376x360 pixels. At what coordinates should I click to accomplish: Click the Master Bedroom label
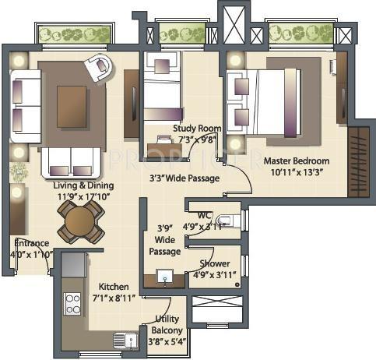(295, 161)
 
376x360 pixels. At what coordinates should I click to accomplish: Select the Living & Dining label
(83, 185)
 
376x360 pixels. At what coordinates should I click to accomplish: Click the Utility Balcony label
(167, 325)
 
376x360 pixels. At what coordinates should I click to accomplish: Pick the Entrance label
(31, 243)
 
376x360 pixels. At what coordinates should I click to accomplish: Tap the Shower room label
(214, 263)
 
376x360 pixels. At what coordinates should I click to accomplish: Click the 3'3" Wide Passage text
(184, 178)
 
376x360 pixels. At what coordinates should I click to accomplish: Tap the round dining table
(79, 224)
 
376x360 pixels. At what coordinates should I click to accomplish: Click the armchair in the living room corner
(99, 68)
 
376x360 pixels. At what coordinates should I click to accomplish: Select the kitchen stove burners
(72, 302)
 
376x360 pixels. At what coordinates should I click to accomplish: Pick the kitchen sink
(121, 340)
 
